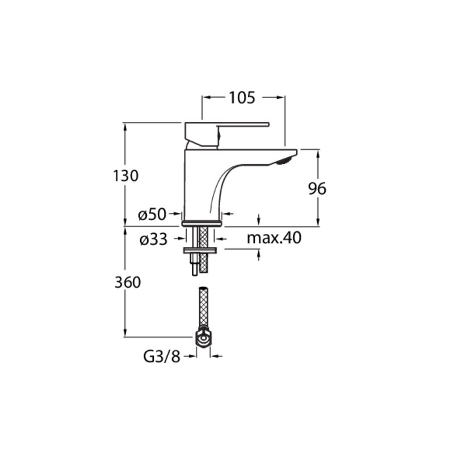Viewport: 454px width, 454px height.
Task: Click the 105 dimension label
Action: point(242,98)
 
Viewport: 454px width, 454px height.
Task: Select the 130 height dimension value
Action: point(125,176)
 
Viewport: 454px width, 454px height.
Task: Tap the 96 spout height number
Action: point(317,189)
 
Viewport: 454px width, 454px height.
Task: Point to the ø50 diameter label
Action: point(152,215)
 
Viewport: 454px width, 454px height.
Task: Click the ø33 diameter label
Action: point(153,239)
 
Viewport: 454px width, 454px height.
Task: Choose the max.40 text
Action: point(274,237)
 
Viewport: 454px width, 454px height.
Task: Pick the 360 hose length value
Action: point(128,282)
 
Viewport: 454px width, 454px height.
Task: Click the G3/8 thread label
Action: point(162,357)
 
